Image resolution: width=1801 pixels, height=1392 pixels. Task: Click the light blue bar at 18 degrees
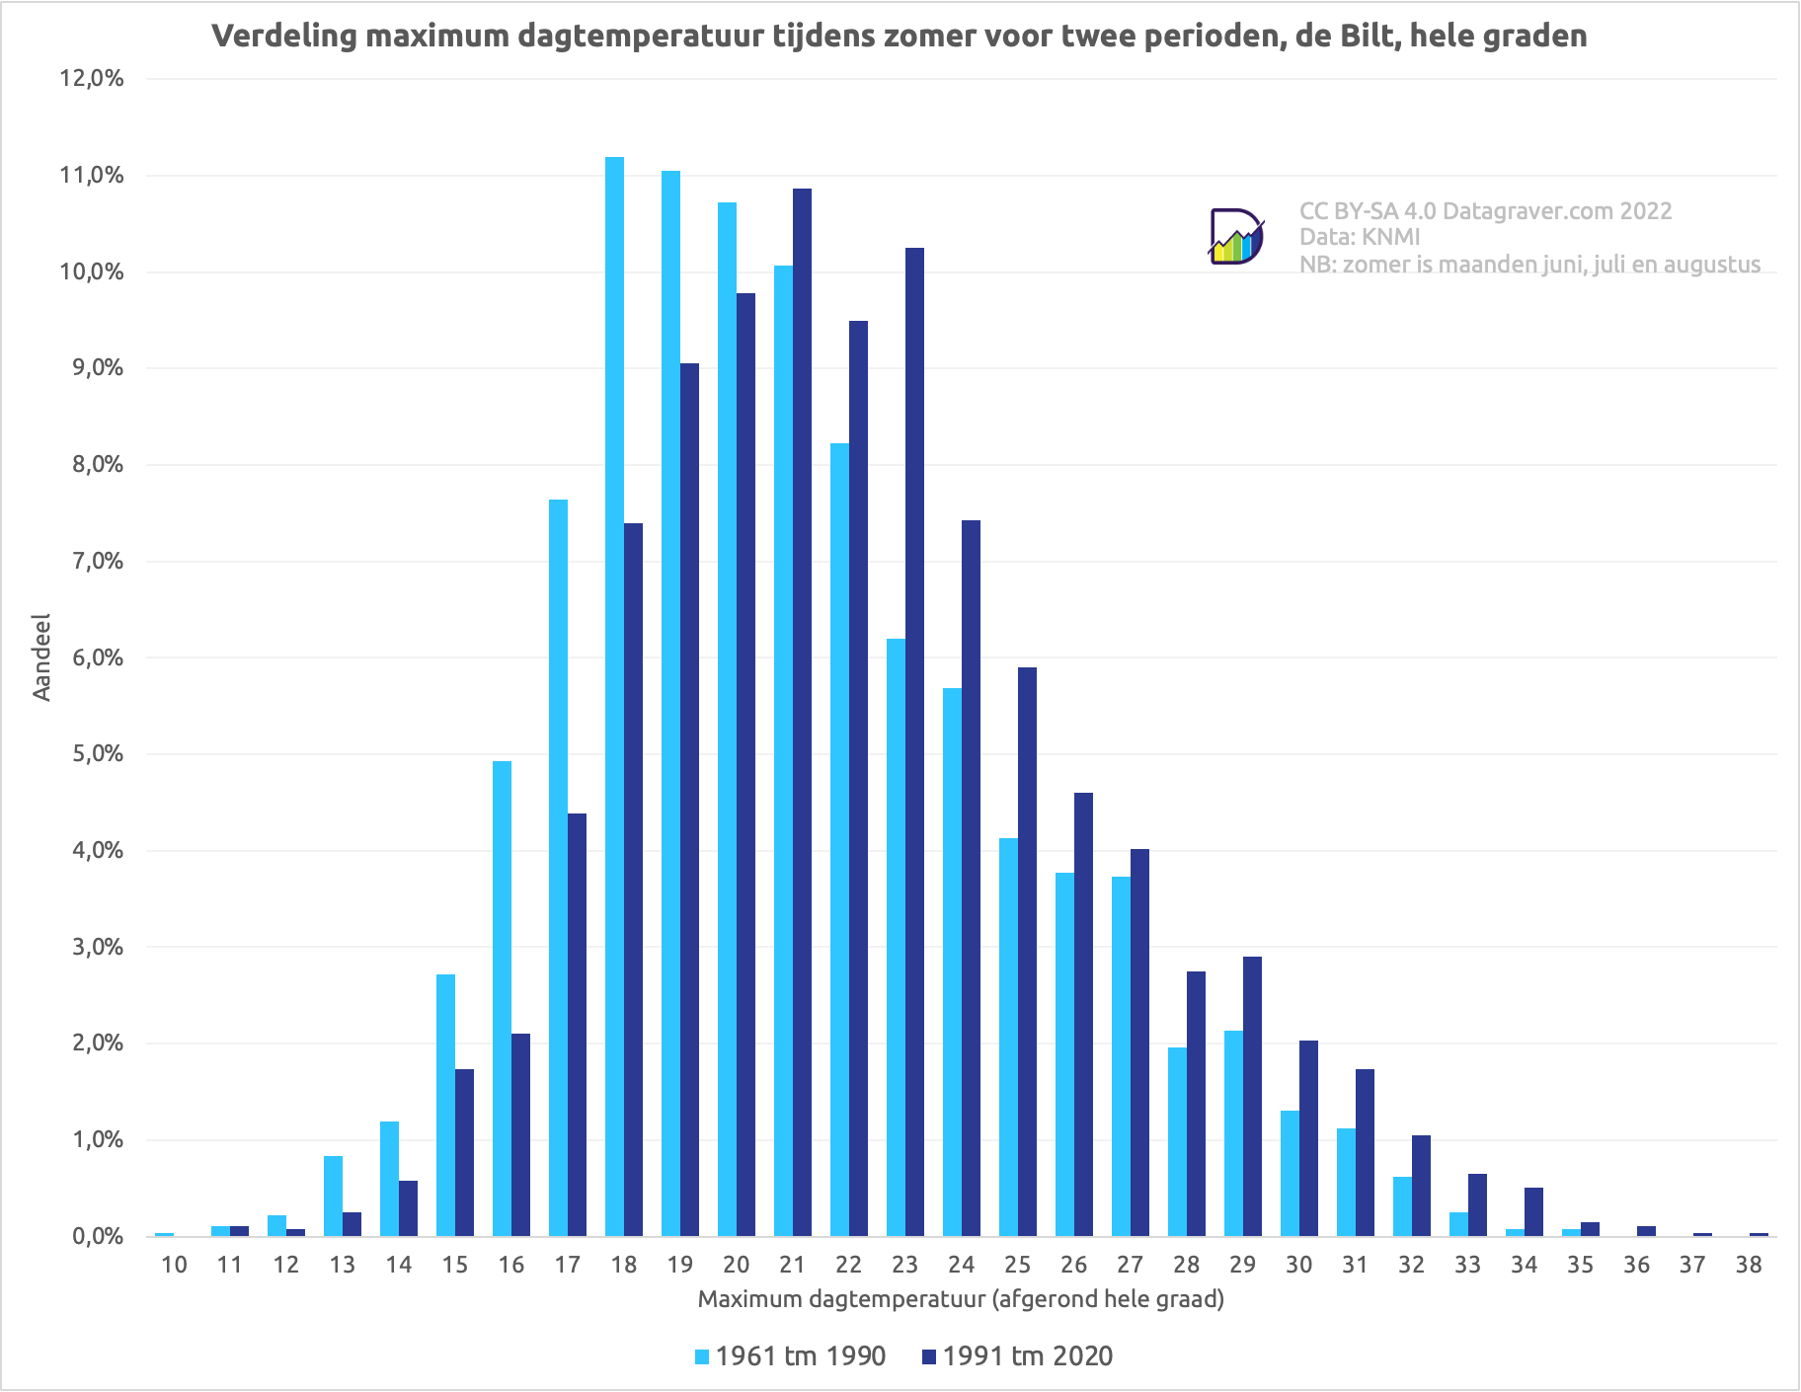click(x=614, y=696)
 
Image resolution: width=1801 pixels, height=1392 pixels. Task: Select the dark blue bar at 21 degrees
click(x=802, y=712)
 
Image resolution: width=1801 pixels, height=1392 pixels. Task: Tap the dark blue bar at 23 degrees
click(x=914, y=741)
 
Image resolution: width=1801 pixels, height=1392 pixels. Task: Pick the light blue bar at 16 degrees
click(x=502, y=998)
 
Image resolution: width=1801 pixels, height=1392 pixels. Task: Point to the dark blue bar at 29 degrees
click(x=1252, y=1096)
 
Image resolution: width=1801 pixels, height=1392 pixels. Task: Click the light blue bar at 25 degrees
click(x=1008, y=1037)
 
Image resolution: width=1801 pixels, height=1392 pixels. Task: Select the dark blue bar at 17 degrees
click(x=577, y=1025)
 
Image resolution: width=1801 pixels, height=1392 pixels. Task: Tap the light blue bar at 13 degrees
click(x=333, y=1196)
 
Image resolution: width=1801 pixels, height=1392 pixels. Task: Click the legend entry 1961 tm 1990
click(x=790, y=1356)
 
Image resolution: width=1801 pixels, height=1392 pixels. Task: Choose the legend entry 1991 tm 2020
click(x=1017, y=1356)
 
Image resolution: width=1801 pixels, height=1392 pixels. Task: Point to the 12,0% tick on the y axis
click(x=92, y=79)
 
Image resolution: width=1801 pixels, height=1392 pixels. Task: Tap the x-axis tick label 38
click(x=1749, y=1265)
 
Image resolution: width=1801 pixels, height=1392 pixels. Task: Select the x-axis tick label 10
click(x=174, y=1265)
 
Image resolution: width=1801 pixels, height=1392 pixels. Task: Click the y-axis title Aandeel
click(x=41, y=657)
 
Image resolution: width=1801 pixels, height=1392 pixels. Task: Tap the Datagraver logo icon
click(x=1236, y=237)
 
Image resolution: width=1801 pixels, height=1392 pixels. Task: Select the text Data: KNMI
click(x=1360, y=237)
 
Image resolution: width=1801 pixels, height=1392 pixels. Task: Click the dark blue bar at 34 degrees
click(x=1533, y=1211)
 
